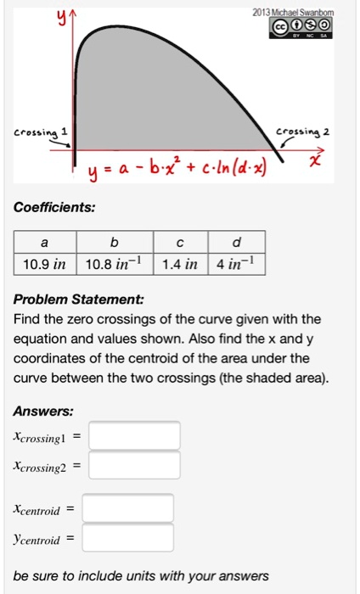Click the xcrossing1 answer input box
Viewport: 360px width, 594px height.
(x=134, y=436)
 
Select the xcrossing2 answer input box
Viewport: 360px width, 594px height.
(x=134, y=465)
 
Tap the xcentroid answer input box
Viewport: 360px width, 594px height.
(x=128, y=509)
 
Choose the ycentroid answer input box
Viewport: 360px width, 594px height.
(x=128, y=538)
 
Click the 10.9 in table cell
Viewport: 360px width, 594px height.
(x=44, y=264)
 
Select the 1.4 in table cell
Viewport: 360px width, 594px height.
(x=179, y=264)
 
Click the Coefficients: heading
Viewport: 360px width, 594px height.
(x=53, y=207)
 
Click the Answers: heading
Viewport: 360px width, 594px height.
(x=43, y=411)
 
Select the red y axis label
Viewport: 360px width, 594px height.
(x=60, y=15)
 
